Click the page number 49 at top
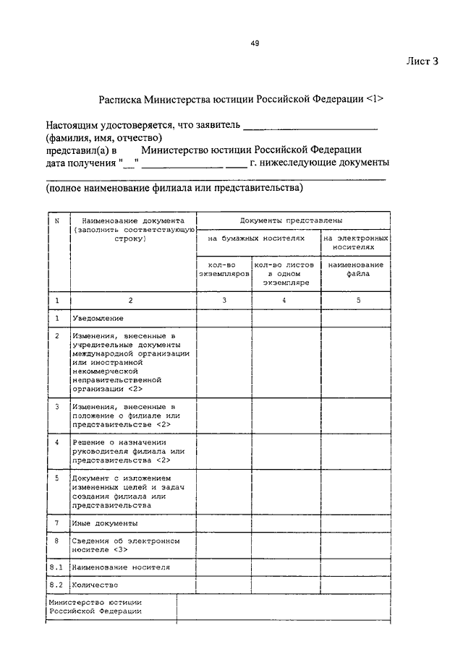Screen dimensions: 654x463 coord(255,43)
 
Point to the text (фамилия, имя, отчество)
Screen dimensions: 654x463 coord(104,137)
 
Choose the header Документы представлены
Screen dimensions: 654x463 coord(292,220)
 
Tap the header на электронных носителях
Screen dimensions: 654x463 coord(356,241)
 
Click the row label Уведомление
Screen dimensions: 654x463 coord(98,318)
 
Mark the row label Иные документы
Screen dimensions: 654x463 coord(105,523)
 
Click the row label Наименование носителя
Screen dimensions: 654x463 coord(121,567)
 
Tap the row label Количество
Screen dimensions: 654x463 coord(95,585)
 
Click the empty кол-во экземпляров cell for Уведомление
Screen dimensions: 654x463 coord(224,318)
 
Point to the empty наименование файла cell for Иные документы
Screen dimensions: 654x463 coord(356,523)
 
